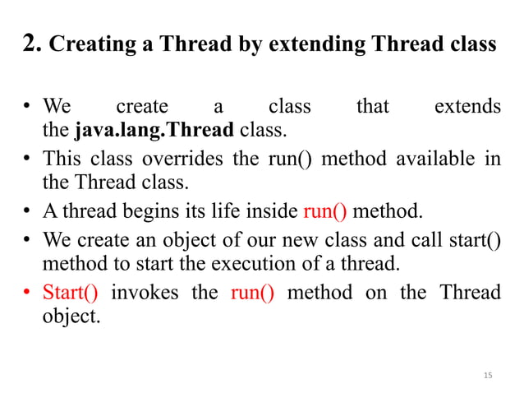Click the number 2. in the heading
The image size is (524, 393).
[33, 44]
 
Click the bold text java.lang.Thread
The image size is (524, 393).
[154, 129]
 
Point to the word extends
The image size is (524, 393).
[467, 107]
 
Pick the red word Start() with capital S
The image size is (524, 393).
[70, 293]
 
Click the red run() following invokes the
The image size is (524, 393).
[252, 293]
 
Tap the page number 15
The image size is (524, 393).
[488, 376]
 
